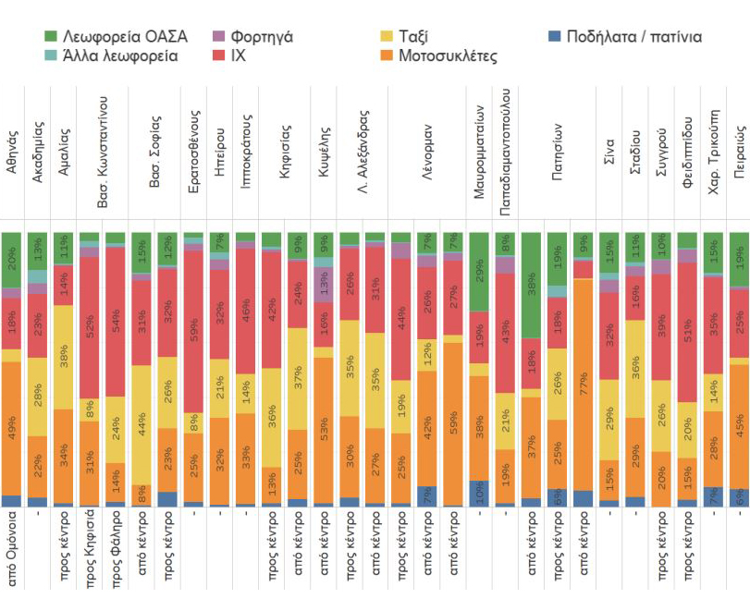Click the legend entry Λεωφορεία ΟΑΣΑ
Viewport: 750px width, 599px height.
coord(115,36)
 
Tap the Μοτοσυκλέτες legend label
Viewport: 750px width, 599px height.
coord(447,56)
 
